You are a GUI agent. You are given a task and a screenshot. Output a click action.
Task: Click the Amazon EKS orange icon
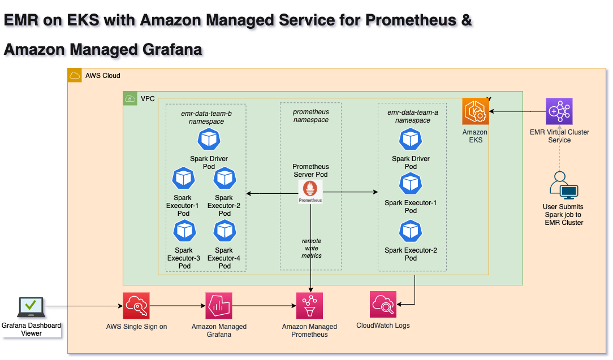tap(475, 111)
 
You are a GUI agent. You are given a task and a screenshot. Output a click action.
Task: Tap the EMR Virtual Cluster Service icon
tap(559, 111)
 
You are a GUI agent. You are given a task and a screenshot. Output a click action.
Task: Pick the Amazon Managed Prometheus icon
tap(310, 306)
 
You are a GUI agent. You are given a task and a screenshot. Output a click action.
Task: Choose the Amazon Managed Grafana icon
tap(219, 306)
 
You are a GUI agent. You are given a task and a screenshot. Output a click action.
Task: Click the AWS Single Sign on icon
tap(136, 306)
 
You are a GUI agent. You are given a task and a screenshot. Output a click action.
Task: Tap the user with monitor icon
tap(563, 184)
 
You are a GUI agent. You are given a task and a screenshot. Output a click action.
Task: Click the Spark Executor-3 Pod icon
tap(184, 231)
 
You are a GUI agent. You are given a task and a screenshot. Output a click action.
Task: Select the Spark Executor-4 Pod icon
tap(225, 231)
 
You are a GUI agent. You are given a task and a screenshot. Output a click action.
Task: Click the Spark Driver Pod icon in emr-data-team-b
tap(209, 140)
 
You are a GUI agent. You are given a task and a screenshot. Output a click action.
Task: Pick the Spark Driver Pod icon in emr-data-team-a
tap(411, 140)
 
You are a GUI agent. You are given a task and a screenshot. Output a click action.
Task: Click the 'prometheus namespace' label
tap(310, 116)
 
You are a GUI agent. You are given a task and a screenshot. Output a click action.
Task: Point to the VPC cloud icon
tap(130, 98)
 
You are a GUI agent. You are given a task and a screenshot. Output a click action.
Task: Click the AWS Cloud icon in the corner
tap(75, 75)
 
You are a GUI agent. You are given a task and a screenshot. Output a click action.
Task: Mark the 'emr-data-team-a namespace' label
tap(412, 116)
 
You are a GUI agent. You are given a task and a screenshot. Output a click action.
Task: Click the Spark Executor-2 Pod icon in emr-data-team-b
tap(225, 179)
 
